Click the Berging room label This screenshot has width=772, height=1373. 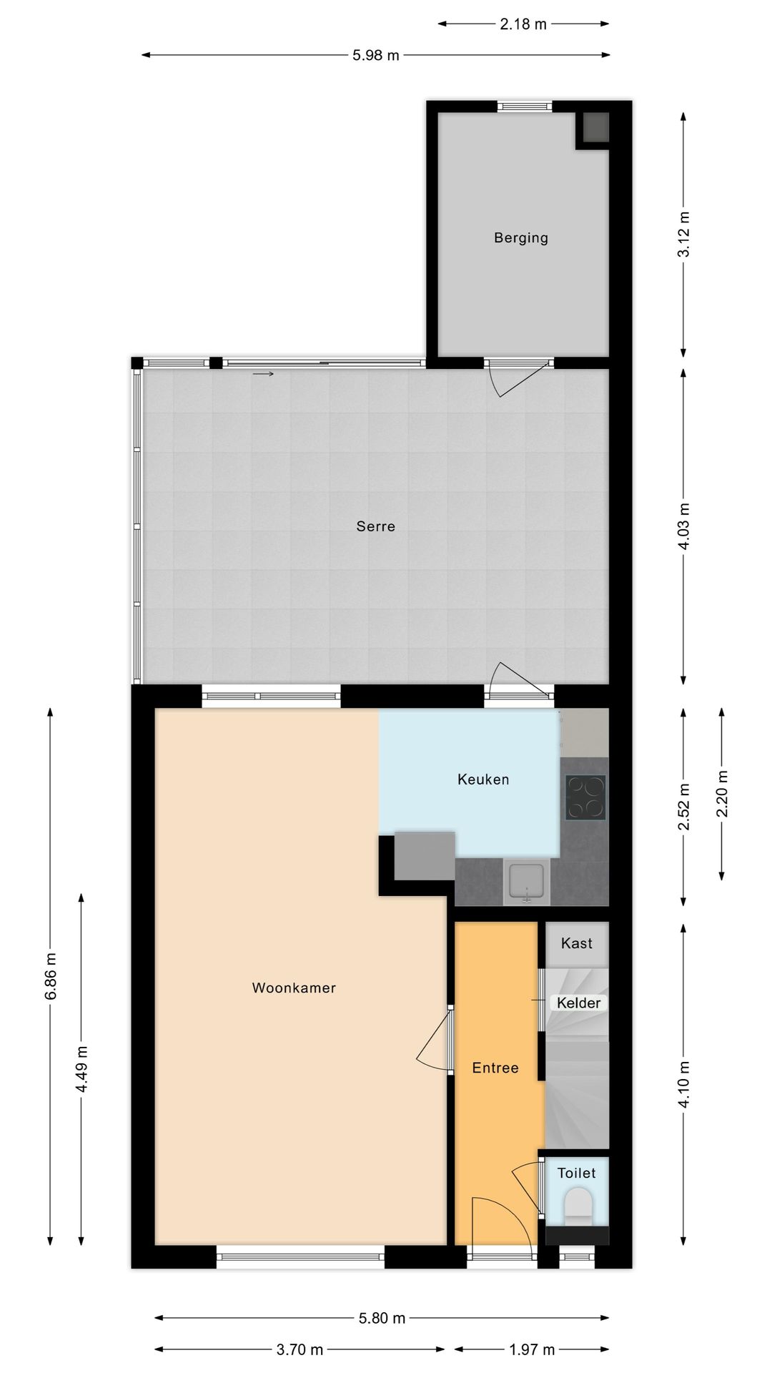520,237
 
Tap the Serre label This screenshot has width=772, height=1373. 375,526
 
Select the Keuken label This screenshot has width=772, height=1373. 483,779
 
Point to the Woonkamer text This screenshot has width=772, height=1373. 294,988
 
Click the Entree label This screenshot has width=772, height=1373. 495,1068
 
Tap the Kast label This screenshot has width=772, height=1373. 576,943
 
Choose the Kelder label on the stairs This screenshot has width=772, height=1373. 578,1003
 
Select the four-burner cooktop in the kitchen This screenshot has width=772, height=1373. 585,797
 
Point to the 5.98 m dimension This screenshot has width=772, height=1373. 375,55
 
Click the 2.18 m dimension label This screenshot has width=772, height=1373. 523,24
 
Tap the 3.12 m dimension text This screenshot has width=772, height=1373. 684,234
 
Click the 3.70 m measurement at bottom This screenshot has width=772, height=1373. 300,1349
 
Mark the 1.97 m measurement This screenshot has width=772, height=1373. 532,1349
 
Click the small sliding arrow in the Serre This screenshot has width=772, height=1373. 263,373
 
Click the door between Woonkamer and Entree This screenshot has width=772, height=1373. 434,1040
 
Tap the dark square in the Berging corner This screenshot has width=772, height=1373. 593,128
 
